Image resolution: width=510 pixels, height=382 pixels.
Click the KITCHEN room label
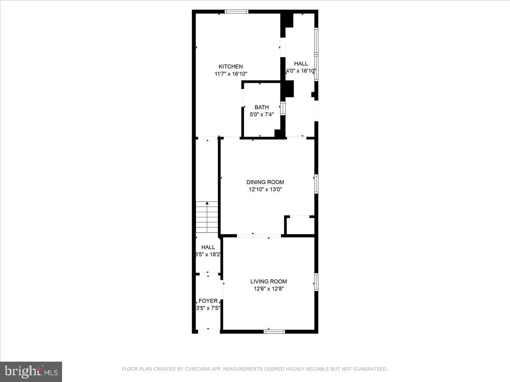click(x=231, y=67)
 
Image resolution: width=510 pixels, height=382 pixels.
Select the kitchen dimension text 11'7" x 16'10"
click(x=231, y=74)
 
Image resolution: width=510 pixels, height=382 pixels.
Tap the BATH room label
click(x=261, y=107)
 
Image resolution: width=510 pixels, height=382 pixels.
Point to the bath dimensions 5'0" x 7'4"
click(x=261, y=115)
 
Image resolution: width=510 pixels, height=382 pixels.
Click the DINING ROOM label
click(x=265, y=182)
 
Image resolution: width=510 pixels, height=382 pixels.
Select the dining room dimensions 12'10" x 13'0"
click(x=265, y=190)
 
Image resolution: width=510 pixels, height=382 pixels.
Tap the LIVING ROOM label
click(x=268, y=281)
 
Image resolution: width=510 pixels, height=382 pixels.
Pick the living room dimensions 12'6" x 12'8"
click(x=268, y=289)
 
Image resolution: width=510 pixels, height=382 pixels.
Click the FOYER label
click(x=208, y=301)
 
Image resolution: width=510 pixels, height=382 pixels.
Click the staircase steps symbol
click(x=207, y=217)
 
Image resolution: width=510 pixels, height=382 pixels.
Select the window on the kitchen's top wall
click(x=236, y=11)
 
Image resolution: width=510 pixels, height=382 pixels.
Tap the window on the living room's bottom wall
click(x=274, y=331)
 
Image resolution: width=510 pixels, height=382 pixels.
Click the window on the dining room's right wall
click(x=316, y=184)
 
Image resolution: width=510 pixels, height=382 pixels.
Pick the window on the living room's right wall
click(x=316, y=282)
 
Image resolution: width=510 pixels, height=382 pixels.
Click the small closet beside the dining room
click(x=300, y=226)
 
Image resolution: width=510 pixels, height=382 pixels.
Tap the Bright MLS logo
click(x=31, y=372)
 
